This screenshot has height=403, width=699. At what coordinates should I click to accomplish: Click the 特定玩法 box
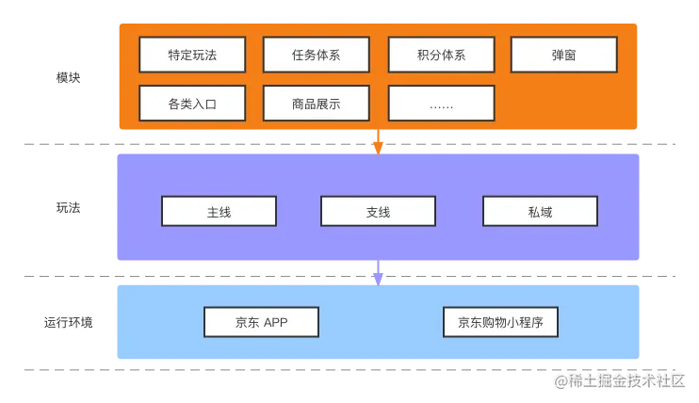tap(192, 55)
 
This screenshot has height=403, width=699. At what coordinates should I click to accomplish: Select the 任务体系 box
tap(317, 55)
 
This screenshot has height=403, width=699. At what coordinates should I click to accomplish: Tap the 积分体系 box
tap(441, 55)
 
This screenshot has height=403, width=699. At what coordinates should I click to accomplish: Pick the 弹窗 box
tap(563, 55)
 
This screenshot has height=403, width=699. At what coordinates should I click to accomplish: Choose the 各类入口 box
tap(192, 104)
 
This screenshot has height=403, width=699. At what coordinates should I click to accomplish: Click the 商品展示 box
tap(317, 104)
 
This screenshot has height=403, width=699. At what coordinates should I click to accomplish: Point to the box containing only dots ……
tap(441, 104)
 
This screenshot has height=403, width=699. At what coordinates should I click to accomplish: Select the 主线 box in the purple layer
tap(219, 212)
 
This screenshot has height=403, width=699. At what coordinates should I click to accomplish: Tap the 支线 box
tap(378, 212)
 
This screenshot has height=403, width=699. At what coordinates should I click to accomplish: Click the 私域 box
tap(540, 212)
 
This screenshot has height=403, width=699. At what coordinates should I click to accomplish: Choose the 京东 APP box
tap(261, 322)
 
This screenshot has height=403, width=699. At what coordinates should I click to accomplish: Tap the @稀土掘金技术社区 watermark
tap(619, 379)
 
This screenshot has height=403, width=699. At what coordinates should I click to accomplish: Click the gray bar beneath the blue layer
tap(283, 373)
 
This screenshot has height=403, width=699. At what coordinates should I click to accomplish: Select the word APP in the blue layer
tap(275, 322)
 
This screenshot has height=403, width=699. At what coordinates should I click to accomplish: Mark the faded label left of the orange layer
tap(68, 80)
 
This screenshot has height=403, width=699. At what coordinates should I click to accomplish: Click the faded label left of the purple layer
tap(68, 208)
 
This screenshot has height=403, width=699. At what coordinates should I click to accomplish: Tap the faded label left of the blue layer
tap(68, 324)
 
